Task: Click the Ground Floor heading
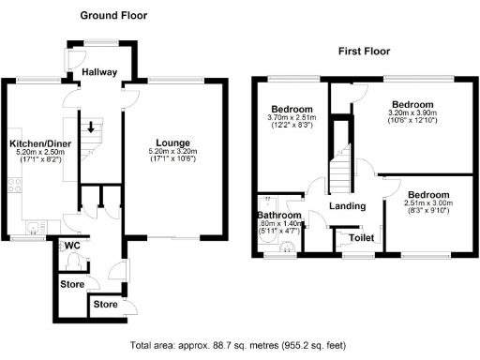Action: tap(113, 16)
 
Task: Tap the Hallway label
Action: tap(99, 72)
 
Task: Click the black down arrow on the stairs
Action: tap(91, 127)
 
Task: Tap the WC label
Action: tap(72, 246)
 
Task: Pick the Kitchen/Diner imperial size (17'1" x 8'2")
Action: tap(38, 161)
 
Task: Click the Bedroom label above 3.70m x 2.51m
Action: tap(291, 109)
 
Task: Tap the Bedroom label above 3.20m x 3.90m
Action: tap(412, 104)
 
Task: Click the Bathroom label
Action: tap(280, 215)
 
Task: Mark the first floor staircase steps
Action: tap(341, 170)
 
